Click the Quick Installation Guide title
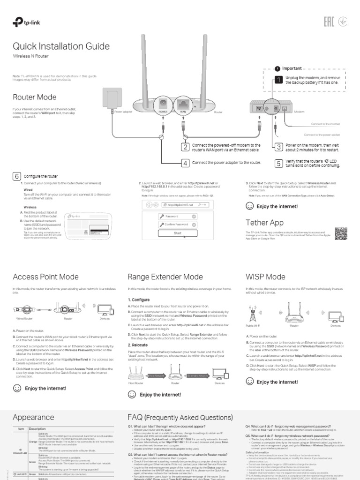61,46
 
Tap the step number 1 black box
278,80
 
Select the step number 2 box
185,147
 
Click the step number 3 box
278,147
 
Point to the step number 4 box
185,163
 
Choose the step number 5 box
278,163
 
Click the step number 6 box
16,176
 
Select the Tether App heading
264,222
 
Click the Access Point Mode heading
45,277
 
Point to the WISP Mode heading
265,277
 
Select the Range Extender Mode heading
166,277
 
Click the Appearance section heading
33,417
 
